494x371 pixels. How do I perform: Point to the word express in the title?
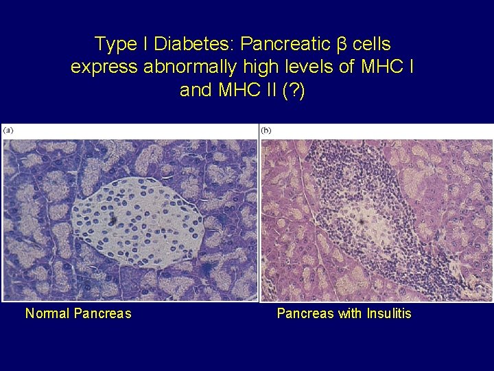102,68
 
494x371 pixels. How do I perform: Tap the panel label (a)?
9,130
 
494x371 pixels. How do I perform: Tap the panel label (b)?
266,130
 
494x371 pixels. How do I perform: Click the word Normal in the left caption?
47,314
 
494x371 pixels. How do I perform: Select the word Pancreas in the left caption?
102,314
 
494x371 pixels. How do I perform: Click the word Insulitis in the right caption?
389,314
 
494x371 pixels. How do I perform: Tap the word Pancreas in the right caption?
305,314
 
